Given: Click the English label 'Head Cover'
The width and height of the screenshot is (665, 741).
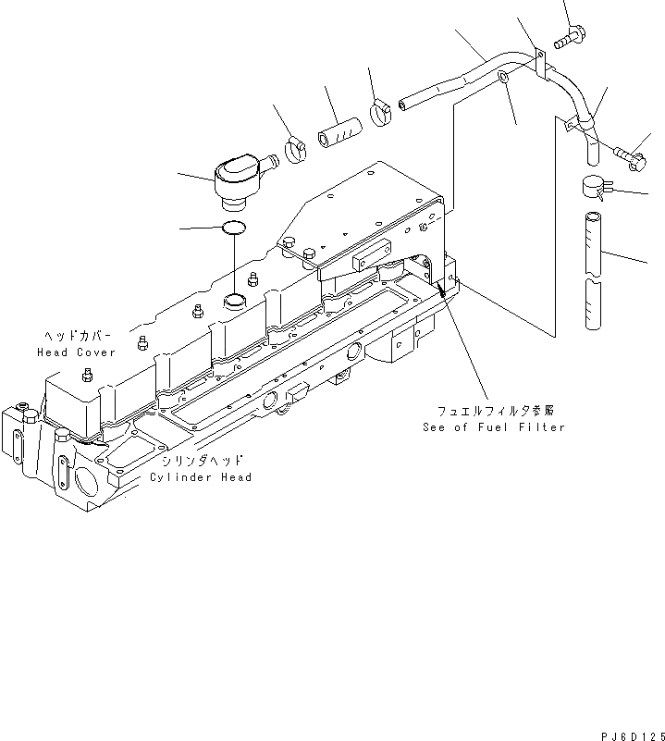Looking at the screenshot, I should click(x=76, y=352).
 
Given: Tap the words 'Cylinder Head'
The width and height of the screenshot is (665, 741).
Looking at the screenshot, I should click(x=201, y=477).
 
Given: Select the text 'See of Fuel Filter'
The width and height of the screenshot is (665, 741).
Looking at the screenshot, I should click(x=493, y=426).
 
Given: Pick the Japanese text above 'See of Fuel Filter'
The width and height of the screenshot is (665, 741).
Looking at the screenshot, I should click(x=501, y=409).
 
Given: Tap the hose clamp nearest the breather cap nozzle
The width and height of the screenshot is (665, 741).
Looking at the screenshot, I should click(x=297, y=148).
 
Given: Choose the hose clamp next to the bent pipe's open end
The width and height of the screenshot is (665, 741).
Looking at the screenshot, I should click(x=382, y=113).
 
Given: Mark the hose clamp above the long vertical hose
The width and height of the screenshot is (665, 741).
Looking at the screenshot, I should click(x=591, y=189).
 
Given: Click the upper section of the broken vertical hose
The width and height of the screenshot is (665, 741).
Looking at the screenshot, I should click(x=592, y=243).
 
